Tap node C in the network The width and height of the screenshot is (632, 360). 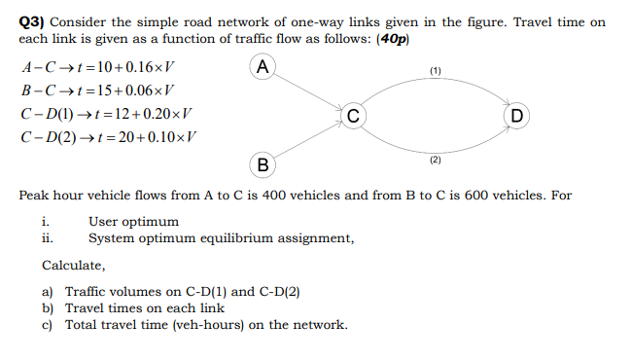coord(355,115)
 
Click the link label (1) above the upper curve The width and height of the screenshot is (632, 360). coord(435,71)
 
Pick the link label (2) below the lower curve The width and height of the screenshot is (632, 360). coord(435,159)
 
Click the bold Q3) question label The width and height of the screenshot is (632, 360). coord(35,21)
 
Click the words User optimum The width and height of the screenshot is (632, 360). coord(133,222)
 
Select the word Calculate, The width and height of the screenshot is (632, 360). coord(74,265)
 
